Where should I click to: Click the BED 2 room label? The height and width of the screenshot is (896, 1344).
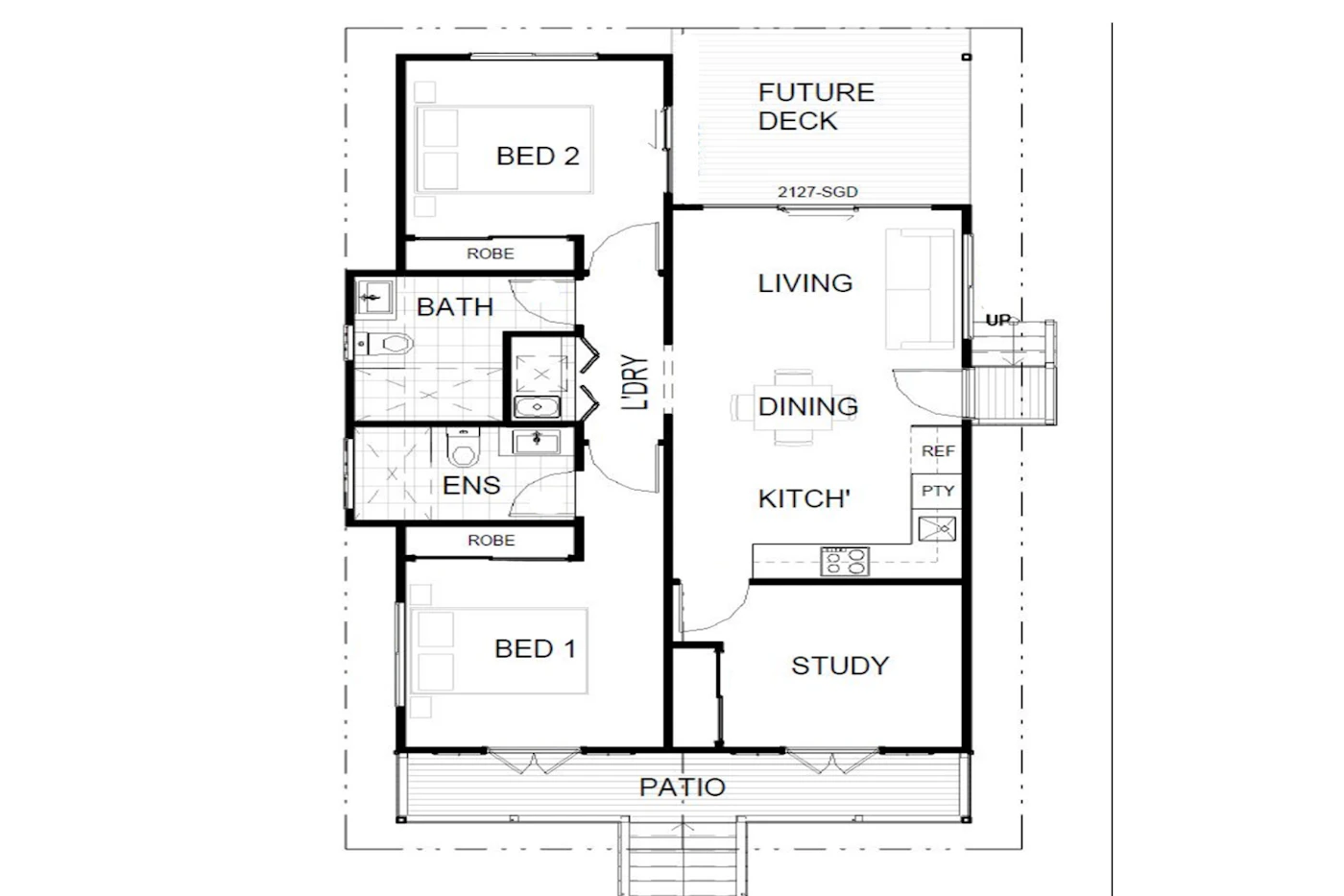coord(538,156)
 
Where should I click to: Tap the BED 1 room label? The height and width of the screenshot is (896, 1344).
coord(535,649)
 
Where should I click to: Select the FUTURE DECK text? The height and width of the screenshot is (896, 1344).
coord(816,107)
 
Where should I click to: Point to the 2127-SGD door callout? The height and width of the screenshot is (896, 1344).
coord(817,192)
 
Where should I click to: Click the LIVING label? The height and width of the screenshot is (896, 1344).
coord(804,283)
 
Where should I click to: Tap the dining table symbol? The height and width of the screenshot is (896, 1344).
coord(794,407)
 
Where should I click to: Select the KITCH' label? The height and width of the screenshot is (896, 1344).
coord(804,499)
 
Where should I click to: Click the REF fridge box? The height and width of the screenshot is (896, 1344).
coord(937,451)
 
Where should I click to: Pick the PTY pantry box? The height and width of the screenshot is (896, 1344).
coord(937,491)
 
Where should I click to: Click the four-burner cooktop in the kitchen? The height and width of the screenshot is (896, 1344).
coord(845,561)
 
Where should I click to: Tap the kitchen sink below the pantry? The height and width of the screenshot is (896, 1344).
coord(936,529)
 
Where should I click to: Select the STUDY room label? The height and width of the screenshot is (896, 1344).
coord(839,666)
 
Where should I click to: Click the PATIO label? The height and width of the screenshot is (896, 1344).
coord(682,787)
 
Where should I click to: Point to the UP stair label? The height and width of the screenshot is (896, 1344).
coord(998,321)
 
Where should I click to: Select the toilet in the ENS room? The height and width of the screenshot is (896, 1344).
coord(464,447)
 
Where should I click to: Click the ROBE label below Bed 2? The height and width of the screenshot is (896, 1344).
coord(490,254)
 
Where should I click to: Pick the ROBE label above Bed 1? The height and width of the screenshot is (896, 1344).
coord(491,541)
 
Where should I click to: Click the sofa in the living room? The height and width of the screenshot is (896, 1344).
coord(920,289)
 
